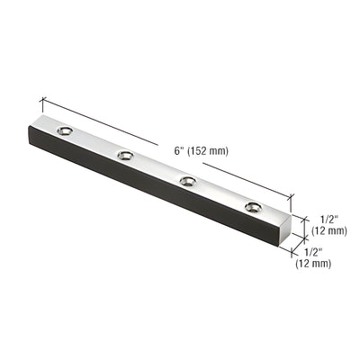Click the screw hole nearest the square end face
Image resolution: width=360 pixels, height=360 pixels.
tap(250, 208)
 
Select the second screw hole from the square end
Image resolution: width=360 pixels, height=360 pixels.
tap(187, 182)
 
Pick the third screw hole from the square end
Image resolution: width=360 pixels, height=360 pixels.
tap(124, 157)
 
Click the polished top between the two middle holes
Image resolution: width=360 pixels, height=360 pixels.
tap(156, 169)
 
